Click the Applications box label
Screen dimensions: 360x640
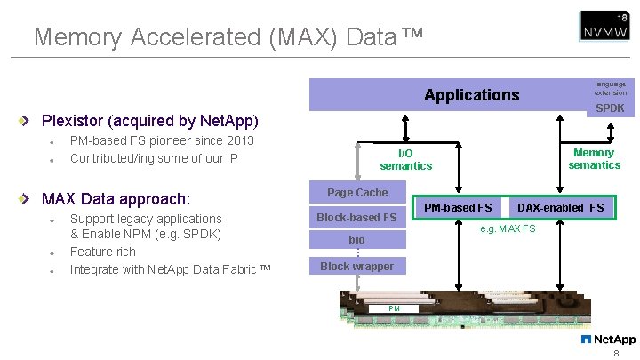[471, 95]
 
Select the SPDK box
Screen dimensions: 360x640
[610, 108]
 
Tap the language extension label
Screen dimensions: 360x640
[610, 88]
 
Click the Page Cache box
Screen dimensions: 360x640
[357, 193]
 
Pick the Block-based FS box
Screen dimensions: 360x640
[357, 217]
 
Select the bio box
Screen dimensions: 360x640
[357, 240]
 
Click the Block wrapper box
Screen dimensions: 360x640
[357, 266]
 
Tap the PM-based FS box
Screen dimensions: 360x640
[458, 208]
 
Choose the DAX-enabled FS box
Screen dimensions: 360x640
[560, 208]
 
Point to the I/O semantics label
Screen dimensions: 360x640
[405, 160]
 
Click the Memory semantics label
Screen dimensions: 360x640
[594, 159]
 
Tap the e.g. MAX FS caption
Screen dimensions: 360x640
[508, 229]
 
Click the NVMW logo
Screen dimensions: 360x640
[604, 26]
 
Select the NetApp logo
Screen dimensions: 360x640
[609, 340]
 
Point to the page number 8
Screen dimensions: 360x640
[615, 353]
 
